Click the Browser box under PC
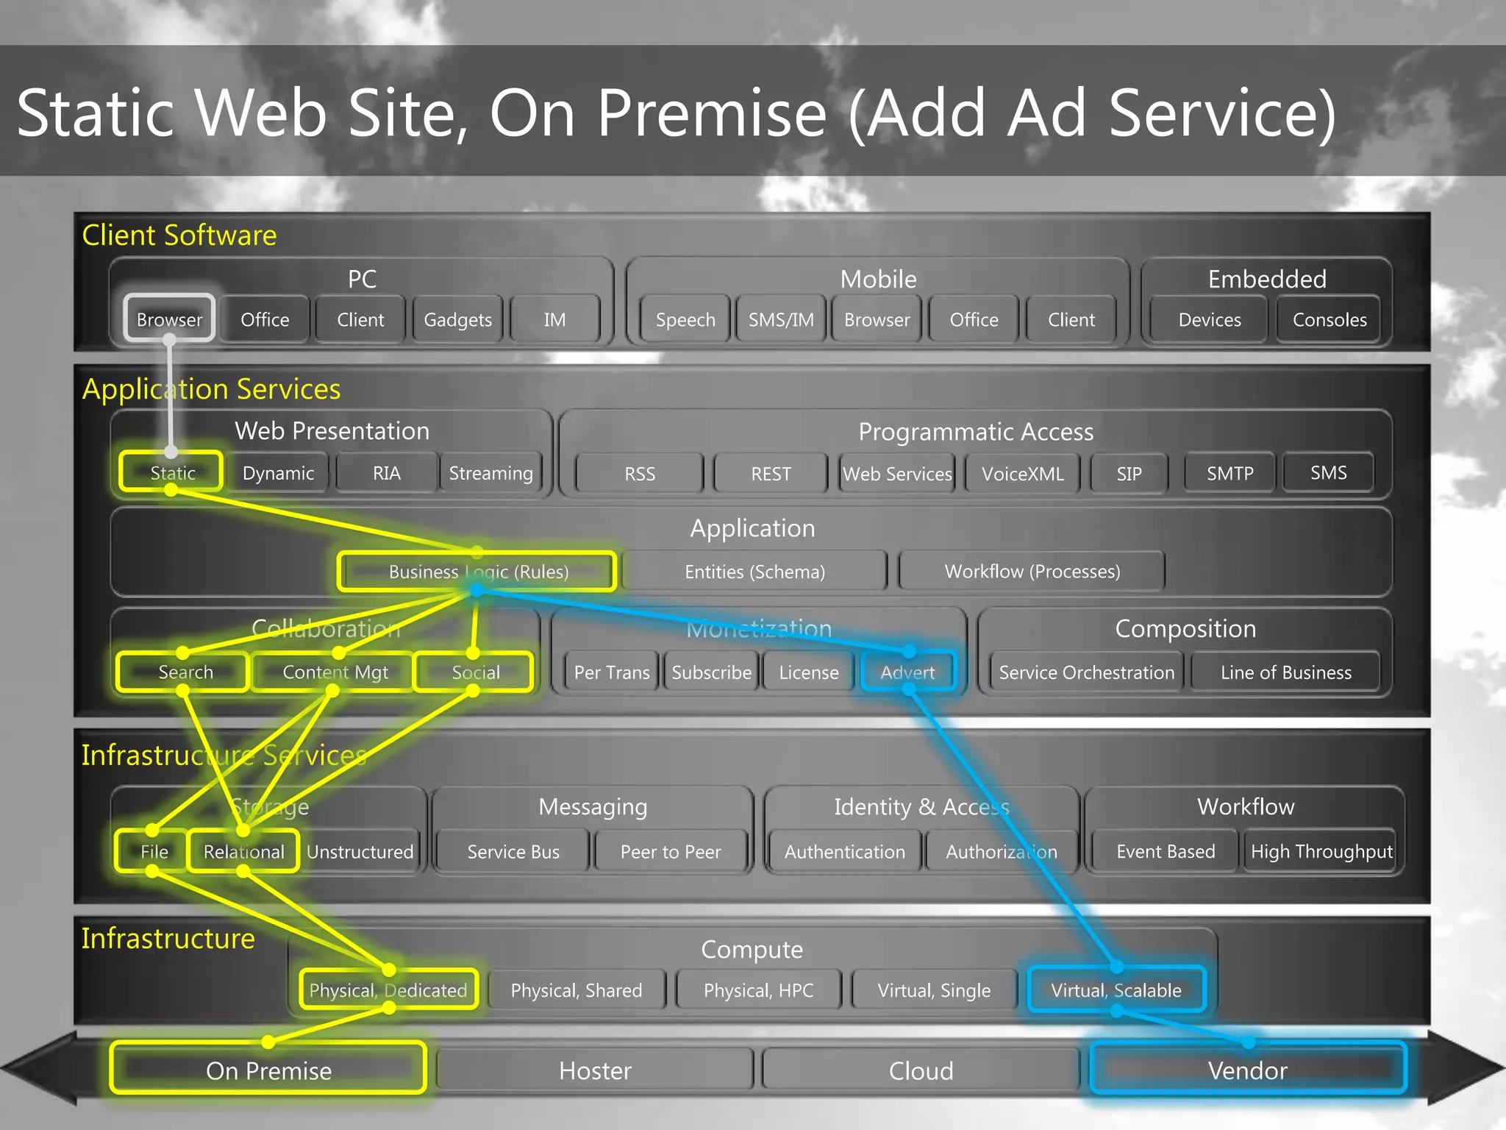click(169, 319)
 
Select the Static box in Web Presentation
click(171, 472)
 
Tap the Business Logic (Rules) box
click(477, 572)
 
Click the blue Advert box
click(907, 672)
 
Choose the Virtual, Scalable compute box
click(1116, 990)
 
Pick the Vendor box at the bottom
click(1247, 1070)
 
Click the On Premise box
click(268, 1070)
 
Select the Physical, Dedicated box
click(388, 990)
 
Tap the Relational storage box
click(243, 851)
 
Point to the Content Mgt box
click(335, 672)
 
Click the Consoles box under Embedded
click(1330, 319)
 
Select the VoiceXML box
click(1022, 474)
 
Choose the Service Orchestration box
click(1086, 672)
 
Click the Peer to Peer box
click(670, 851)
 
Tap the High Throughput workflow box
click(1321, 851)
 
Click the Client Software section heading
click(179, 235)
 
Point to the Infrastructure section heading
click(168, 939)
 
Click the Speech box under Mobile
click(685, 319)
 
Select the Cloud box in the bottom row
click(921, 1070)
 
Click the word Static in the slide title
click(96, 113)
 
